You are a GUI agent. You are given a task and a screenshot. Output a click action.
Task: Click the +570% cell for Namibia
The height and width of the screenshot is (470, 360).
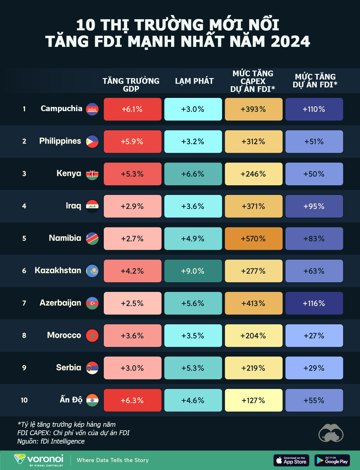click(253, 238)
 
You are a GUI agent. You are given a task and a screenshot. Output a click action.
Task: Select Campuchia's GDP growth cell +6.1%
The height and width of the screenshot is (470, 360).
click(132, 109)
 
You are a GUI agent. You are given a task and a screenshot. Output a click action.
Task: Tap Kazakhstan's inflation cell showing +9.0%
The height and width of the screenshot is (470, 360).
click(193, 271)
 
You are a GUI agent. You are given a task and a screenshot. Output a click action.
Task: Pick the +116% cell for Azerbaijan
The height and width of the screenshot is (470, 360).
click(314, 303)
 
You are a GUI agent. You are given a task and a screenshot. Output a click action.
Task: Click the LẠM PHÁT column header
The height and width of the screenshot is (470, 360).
click(194, 81)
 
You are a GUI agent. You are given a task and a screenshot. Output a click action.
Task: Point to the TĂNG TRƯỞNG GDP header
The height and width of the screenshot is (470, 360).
click(131, 85)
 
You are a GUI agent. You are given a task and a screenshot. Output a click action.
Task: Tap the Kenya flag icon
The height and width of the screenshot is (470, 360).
click(92, 174)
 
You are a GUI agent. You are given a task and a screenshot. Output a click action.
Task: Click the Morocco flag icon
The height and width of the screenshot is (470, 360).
click(92, 335)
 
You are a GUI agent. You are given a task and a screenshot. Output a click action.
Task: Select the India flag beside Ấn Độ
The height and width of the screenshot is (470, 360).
click(92, 400)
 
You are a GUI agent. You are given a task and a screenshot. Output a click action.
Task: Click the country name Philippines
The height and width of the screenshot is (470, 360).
click(60, 141)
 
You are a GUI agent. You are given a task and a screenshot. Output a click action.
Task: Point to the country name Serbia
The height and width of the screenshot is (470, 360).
click(68, 368)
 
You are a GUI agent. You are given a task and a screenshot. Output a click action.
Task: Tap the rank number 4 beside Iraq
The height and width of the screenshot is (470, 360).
click(24, 206)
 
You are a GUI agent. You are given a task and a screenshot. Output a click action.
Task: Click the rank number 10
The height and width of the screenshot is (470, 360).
click(24, 400)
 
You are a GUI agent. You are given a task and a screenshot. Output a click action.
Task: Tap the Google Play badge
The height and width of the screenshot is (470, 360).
click(332, 460)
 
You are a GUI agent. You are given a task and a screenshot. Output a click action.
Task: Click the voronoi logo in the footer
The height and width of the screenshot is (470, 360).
click(39, 460)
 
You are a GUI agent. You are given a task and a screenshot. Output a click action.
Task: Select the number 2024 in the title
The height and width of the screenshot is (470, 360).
click(290, 41)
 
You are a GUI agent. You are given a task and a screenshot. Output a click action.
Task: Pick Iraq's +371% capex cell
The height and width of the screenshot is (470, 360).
click(253, 206)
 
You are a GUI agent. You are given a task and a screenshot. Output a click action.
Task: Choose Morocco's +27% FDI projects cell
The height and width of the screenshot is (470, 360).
click(314, 335)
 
